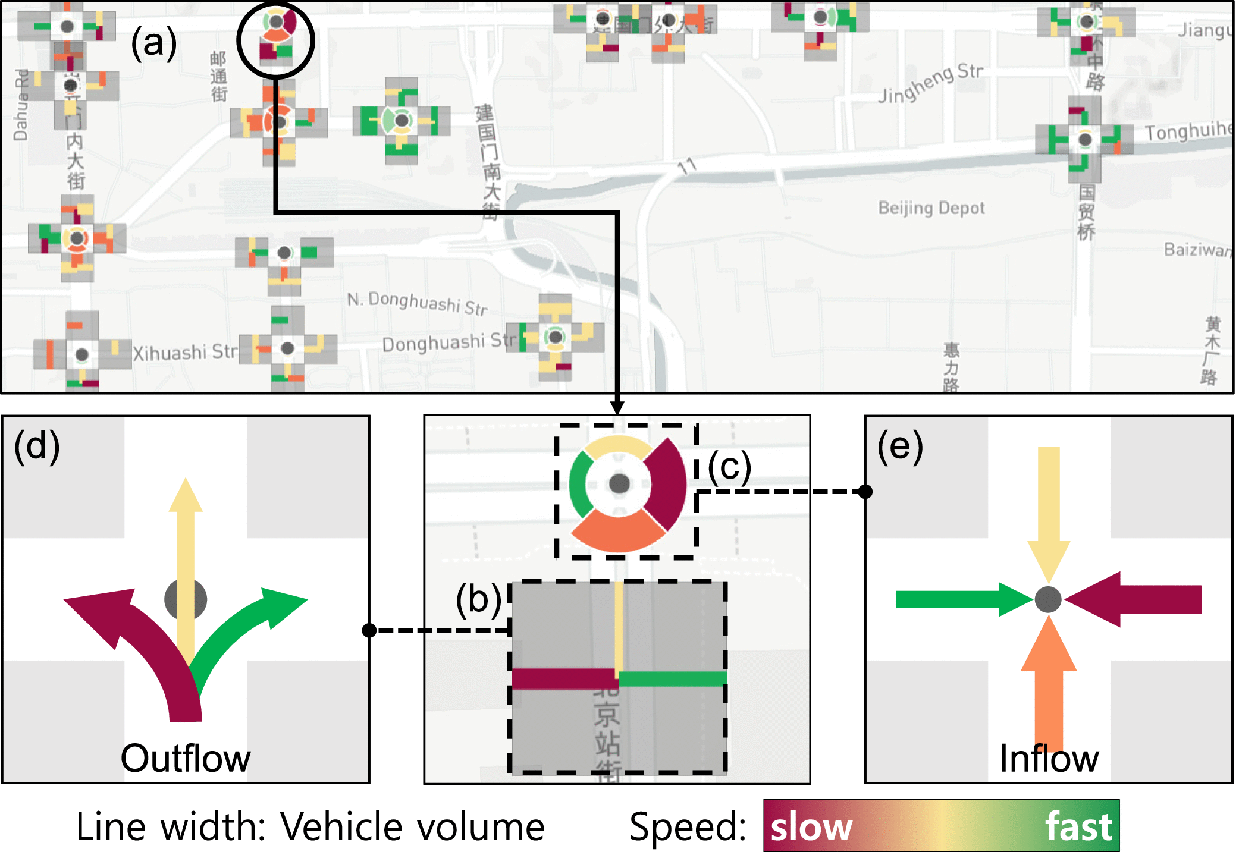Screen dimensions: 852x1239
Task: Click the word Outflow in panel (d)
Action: pos(186,759)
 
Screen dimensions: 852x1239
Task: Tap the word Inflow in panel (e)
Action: pos(1049,759)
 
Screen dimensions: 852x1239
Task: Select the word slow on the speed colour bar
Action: pos(811,827)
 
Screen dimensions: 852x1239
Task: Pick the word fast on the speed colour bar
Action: pos(1078,827)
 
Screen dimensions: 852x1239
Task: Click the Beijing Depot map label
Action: pos(931,208)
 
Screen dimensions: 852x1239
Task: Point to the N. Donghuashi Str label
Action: pos(417,303)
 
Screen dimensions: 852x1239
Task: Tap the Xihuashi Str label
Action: pos(184,353)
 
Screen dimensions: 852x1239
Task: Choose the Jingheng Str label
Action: pos(931,83)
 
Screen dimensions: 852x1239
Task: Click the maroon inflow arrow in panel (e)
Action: pos(1142,599)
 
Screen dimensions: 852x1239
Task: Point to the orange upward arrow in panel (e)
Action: pos(1049,684)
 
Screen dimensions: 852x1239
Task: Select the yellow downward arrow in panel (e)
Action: pos(1049,505)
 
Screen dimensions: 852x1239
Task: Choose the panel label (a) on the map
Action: pos(153,43)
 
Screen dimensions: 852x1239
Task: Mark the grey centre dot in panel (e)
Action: pos(1048,599)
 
